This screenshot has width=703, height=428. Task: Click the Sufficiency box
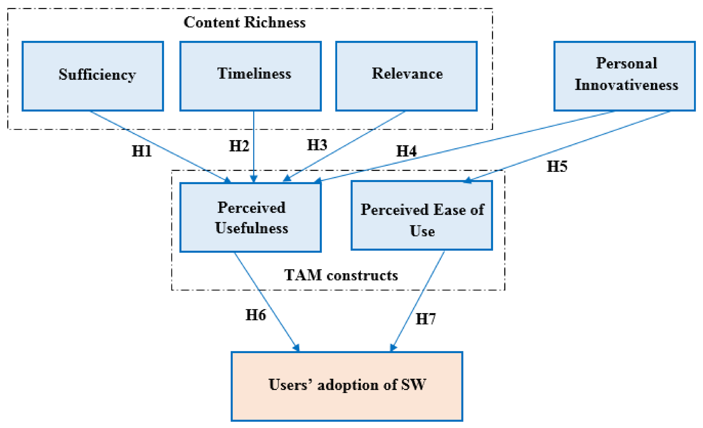point(93,76)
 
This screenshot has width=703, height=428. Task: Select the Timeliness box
point(250,76)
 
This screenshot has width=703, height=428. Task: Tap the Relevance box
point(406,76)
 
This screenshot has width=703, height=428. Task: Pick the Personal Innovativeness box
point(624,76)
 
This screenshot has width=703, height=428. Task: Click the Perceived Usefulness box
point(250,217)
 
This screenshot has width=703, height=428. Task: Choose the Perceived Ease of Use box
point(422,215)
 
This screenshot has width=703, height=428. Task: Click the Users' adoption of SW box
point(347,386)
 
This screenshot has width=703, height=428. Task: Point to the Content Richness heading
point(245,22)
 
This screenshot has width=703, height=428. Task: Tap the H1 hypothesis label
point(141,151)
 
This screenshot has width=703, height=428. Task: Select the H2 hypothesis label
point(239,146)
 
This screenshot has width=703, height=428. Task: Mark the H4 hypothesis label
point(406,151)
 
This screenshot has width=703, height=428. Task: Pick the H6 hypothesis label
point(256,315)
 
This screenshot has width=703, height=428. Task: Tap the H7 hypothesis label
point(425,319)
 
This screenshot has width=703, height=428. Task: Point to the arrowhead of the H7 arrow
point(393,348)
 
